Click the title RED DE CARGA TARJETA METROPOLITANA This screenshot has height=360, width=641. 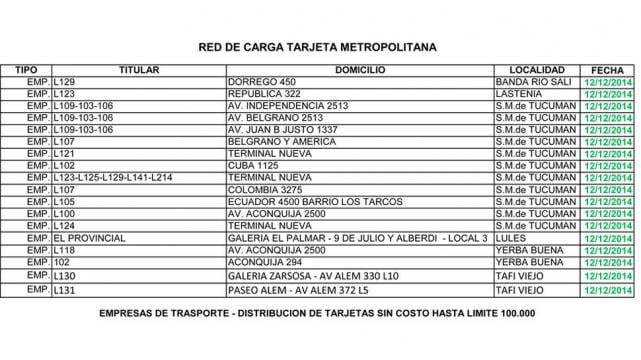pyautogui.click(x=318, y=46)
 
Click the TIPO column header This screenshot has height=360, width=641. pyautogui.click(x=26, y=69)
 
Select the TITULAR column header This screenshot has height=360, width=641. pyautogui.click(x=139, y=69)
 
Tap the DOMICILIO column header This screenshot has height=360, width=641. pyautogui.click(x=360, y=69)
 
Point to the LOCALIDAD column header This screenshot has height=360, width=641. pyautogui.click(x=537, y=69)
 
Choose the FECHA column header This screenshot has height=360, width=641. pyautogui.click(x=608, y=69)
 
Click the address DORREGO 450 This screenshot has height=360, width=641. pyautogui.click(x=262, y=81)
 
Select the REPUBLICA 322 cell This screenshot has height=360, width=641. pyautogui.click(x=265, y=93)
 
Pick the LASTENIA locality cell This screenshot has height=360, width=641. pyautogui.click(x=519, y=93)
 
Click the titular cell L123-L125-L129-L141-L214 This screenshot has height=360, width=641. pyautogui.click(x=113, y=177)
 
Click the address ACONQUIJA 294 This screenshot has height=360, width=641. pyautogui.click(x=265, y=262)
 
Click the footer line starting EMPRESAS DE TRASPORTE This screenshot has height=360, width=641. pyautogui.click(x=318, y=314)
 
